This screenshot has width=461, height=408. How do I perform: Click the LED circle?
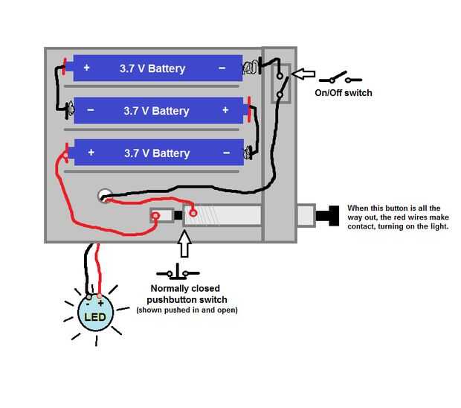(x=96, y=313)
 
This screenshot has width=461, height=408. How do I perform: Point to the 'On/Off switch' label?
(x=343, y=93)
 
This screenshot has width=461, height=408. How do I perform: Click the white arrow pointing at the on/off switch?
(x=302, y=74)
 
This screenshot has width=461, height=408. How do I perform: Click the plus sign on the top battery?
(x=86, y=68)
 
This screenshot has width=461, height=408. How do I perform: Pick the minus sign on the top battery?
(x=222, y=68)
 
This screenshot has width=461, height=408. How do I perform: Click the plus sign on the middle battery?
(x=225, y=110)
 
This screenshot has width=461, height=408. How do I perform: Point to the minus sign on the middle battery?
(x=90, y=110)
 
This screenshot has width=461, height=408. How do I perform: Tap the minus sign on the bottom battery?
(x=226, y=153)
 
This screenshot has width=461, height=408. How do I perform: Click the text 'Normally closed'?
(x=185, y=289)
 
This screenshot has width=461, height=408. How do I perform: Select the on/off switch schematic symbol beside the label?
(x=340, y=77)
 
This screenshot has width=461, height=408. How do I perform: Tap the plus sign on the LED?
(x=100, y=304)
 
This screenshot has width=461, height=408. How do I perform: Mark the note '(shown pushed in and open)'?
(x=187, y=310)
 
